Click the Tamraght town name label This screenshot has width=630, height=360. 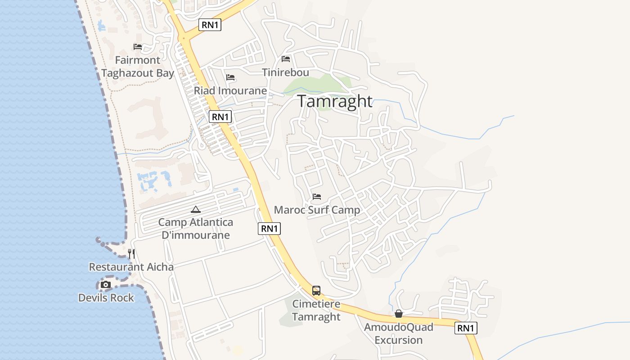pos(335,101)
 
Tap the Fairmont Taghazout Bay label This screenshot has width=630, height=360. pos(138,67)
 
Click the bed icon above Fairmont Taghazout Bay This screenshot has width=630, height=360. pos(138,47)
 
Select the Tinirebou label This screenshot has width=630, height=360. pos(286,72)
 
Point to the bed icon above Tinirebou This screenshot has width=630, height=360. pos(286,59)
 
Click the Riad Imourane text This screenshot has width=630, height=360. pos(230,91)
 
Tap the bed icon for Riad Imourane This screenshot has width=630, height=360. pos(231,77)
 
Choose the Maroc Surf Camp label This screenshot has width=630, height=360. pos(317,210)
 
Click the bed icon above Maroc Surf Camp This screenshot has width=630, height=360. pos(317,197)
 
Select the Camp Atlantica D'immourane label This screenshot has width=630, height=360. pos(196,229)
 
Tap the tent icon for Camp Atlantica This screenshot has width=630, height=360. pos(196,209)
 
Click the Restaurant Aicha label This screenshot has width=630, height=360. pos(131,267)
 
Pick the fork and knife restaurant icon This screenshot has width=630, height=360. pos(131,254)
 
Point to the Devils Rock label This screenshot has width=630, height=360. pos(106,297)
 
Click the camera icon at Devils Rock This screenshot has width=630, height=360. pos(106,285)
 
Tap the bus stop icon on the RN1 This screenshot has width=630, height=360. pos(316,291)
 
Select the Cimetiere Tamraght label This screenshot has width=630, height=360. pos(316,310)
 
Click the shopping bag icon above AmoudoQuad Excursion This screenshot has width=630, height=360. pos(399,314)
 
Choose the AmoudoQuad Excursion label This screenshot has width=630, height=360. pos(399,333)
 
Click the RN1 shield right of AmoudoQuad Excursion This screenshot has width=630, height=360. pos(466,328)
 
